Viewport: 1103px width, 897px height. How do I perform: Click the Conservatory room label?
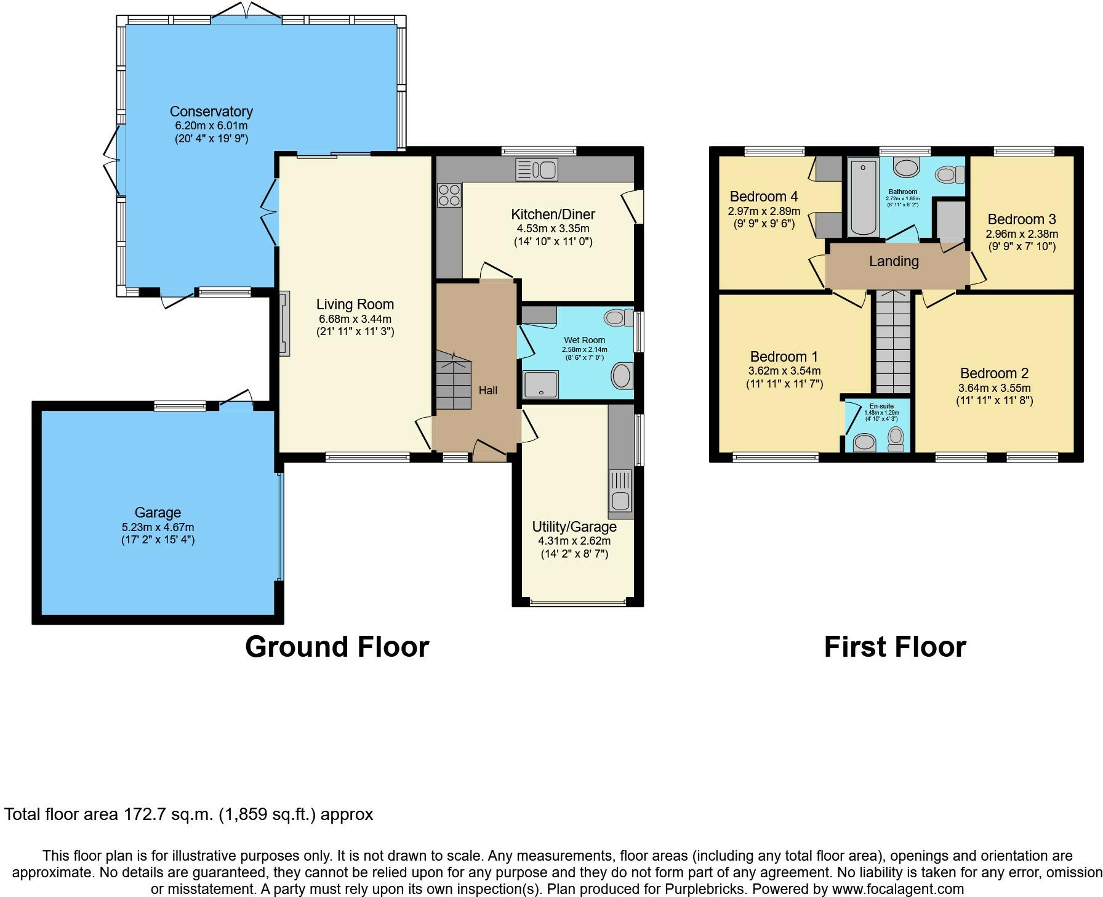(211, 112)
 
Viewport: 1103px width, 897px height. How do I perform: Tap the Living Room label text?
(355, 304)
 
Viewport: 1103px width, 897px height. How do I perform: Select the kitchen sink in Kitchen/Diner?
(537, 169)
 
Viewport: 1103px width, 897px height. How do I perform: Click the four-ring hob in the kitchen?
(449, 195)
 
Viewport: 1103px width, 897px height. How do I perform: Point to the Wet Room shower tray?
(540, 384)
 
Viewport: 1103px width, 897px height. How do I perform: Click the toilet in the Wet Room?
(619, 318)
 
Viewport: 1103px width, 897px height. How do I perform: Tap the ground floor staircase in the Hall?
(454, 386)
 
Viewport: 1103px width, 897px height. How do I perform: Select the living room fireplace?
(284, 324)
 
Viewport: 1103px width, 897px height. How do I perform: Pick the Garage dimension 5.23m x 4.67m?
(158, 527)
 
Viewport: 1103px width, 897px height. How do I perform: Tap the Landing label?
(894, 261)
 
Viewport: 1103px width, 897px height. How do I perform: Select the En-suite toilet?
(896, 438)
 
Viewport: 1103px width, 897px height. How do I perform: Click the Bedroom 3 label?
(1022, 219)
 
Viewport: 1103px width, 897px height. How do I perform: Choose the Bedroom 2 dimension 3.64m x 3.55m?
(994, 388)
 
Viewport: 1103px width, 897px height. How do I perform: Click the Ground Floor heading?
(337, 647)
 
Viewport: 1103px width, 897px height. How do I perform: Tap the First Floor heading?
(895, 647)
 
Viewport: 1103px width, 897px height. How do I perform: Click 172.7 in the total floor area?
(142, 814)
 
